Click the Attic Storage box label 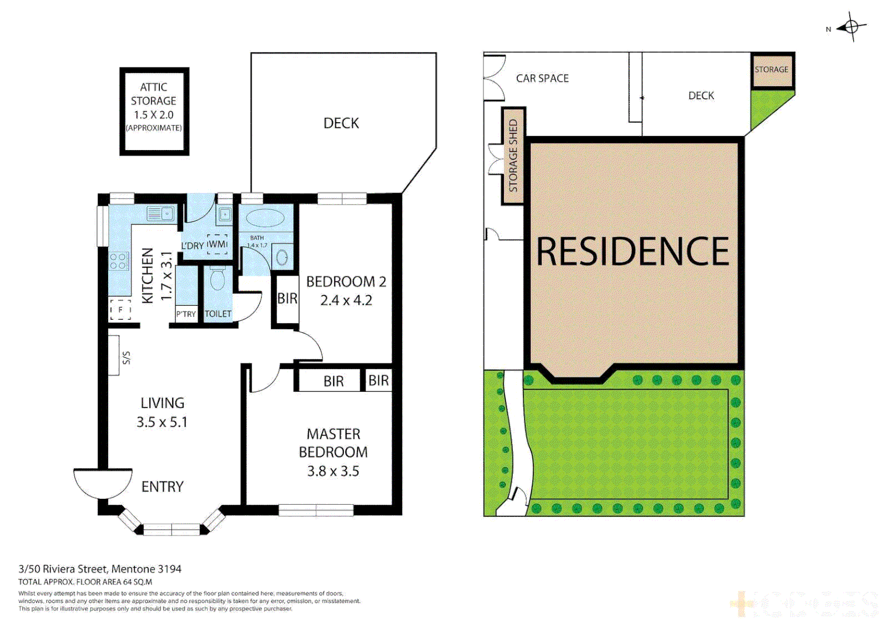pyautogui.click(x=154, y=107)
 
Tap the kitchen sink pyautogui.click(x=160, y=213)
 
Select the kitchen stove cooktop pyautogui.click(x=119, y=261)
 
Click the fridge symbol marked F pyautogui.click(x=120, y=310)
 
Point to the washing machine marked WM pyautogui.click(x=217, y=244)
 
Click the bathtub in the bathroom pyautogui.click(x=265, y=219)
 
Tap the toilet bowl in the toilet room pyautogui.click(x=217, y=279)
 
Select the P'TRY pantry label pyautogui.click(x=186, y=314)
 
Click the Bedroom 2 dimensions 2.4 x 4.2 pyautogui.click(x=346, y=301)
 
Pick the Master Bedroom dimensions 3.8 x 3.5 pyautogui.click(x=333, y=471)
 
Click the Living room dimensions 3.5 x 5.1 pyautogui.click(x=162, y=422)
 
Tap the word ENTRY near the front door pyautogui.click(x=162, y=487)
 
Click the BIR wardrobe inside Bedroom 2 pyautogui.click(x=287, y=299)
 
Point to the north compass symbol pyautogui.click(x=851, y=27)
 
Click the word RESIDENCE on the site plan pyautogui.click(x=632, y=252)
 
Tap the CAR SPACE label pyautogui.click(x=542, y=78)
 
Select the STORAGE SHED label pyautogui.click(x=513, y=156)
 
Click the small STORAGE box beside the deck pyautogui.click(x=772, y=70)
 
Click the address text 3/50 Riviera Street pyautogui.click(x=100, y=569)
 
